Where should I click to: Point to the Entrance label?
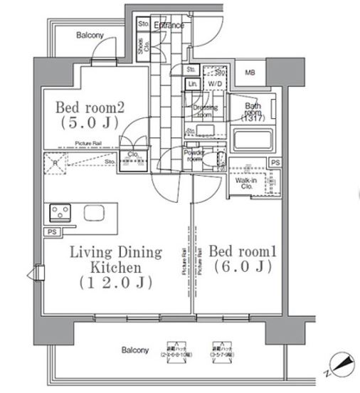169,26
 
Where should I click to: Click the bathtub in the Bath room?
253,140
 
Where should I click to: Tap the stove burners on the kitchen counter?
59,212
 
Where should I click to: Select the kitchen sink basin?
93,213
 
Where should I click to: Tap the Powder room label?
195,155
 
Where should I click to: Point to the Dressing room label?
206,110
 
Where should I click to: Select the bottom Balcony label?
134,350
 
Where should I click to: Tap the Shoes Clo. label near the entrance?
141,47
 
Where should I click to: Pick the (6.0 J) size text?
241,268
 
